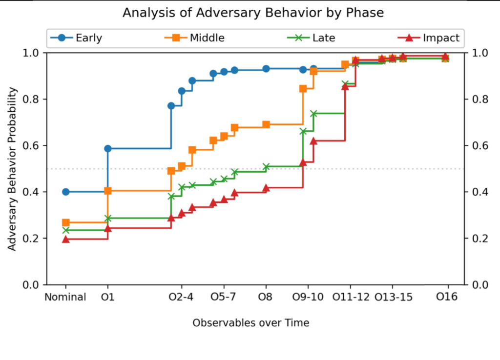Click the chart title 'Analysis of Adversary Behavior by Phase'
[253, 13]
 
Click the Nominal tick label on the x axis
[65, 297]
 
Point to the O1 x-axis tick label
[107, 297]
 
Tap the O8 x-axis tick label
[266, 297]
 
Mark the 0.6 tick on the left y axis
[35, 145]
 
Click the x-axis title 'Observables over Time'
[250, 323]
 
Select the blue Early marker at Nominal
[66, 192]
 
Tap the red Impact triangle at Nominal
[66, 239]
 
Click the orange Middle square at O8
[266, 124]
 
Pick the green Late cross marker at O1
[108, 218]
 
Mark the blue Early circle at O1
[108, 148]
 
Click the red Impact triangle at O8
[266, 188]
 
